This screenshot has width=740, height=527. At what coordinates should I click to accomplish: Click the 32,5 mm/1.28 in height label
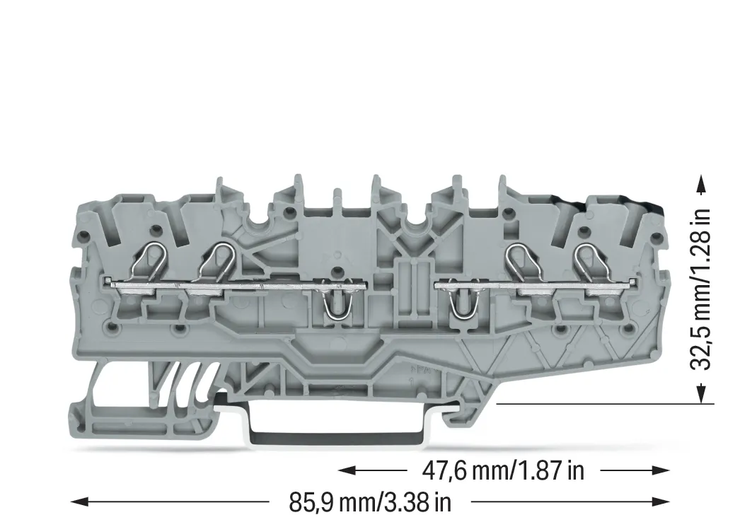click(x=700, y=289)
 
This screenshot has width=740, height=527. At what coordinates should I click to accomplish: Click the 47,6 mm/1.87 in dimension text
click(x=503, y=470)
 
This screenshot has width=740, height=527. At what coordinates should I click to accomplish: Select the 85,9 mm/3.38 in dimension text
click(x=370, y=502)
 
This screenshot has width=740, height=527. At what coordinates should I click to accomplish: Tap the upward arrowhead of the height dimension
click(x=703, y=185)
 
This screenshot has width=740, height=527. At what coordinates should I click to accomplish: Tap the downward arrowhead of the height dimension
click(x=703, y=394)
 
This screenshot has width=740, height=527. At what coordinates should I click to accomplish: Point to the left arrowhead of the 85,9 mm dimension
click(x=79, y=502)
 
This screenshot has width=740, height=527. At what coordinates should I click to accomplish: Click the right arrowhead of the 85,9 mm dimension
click(x=661, y=502)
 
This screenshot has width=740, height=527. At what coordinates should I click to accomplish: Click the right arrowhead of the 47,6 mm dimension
click(x=661, y=470)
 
